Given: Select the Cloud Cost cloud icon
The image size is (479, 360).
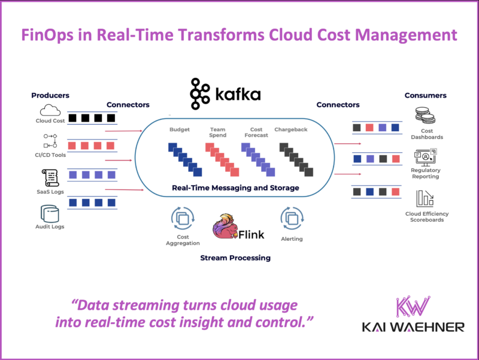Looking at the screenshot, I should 50,110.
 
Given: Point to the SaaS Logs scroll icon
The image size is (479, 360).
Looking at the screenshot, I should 50,178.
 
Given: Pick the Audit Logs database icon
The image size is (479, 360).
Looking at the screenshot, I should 50,213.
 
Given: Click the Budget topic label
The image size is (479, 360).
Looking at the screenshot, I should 180,129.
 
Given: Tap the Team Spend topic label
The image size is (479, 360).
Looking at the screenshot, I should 217,132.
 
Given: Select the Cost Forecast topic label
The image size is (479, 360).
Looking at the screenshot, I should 256,132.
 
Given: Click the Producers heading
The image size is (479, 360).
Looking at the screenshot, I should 50,95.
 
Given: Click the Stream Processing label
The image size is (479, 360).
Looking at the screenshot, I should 235,258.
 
